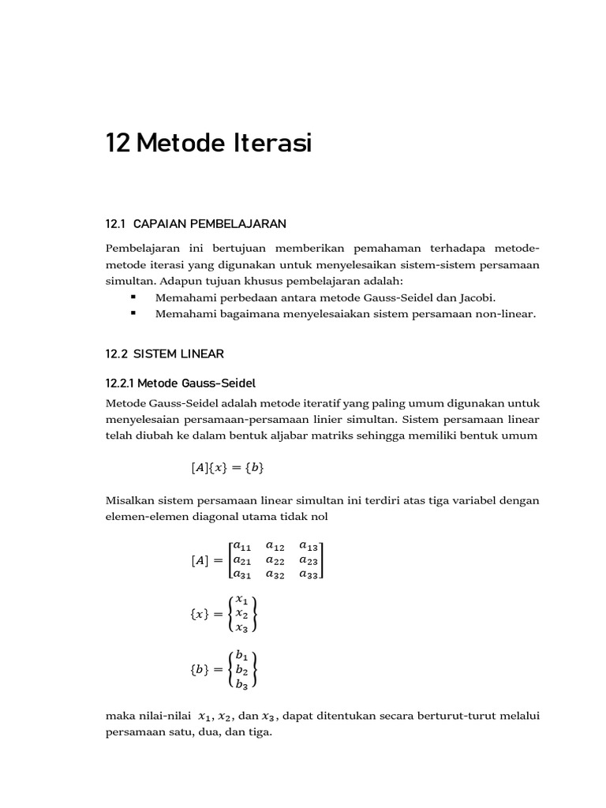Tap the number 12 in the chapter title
(x=118, y=144)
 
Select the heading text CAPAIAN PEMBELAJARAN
(x=206, y=223)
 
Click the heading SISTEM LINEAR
(x=178, y=354)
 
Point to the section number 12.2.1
(x=122, y=383)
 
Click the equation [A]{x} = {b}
(x=227, y=468)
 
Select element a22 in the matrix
(x=276, y=560)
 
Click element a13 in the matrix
(x=310, y=545)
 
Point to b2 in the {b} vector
(x=242, y=671)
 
